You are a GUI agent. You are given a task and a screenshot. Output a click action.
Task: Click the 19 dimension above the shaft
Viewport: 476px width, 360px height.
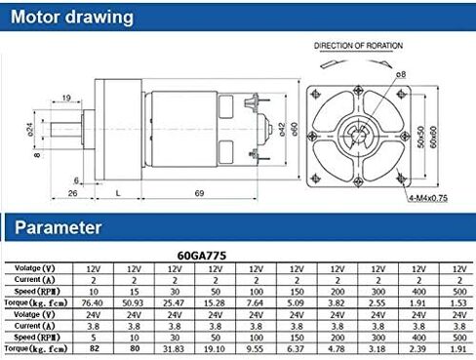65,98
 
